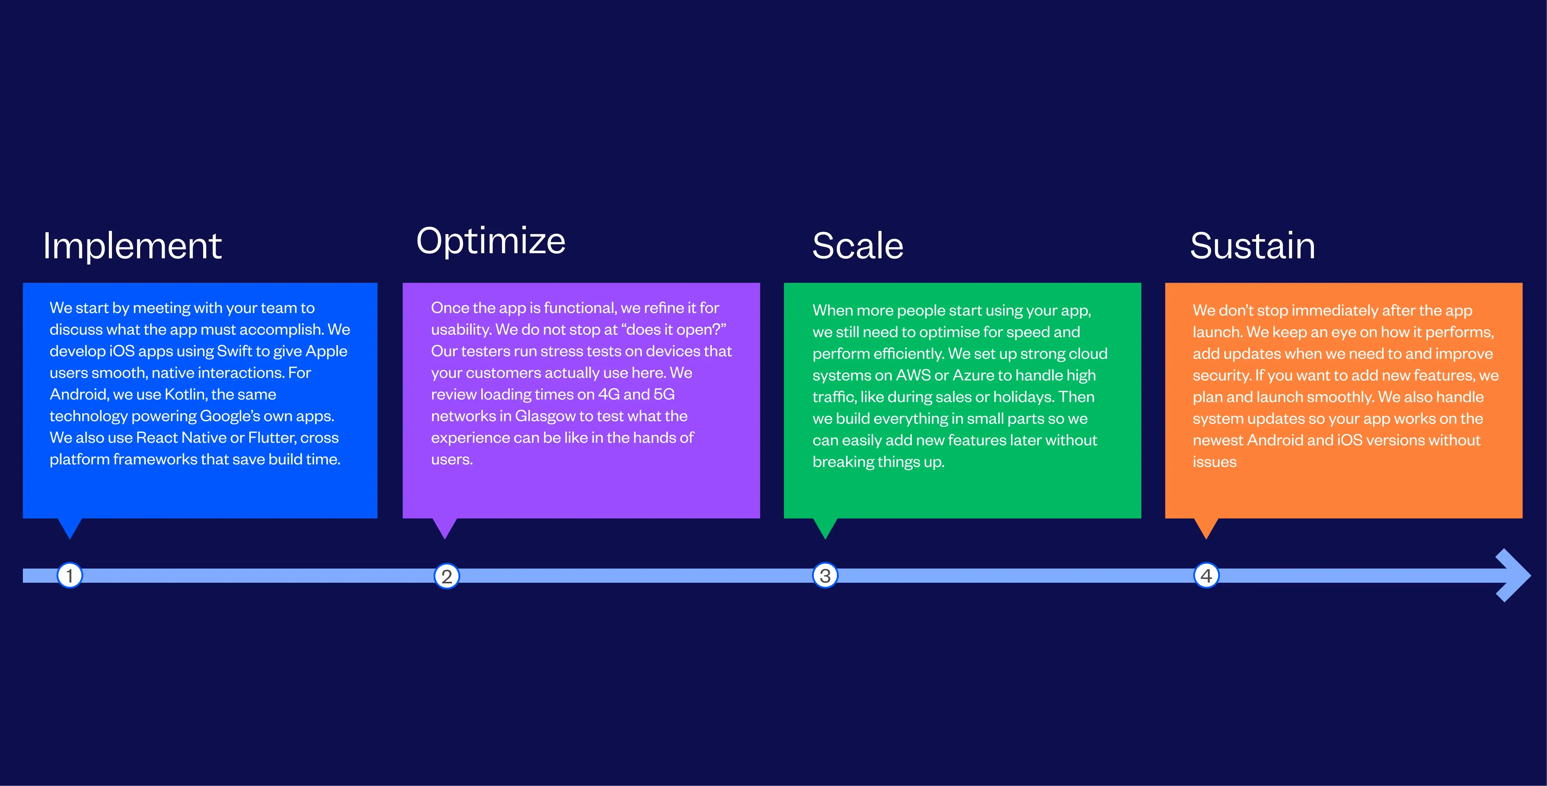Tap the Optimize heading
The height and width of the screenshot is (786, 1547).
tap(491, 241)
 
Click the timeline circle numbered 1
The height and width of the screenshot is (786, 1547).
tap(70, 576)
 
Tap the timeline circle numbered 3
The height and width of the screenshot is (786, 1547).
tap(825, 576)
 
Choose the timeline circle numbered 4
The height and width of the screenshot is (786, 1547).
tap(1206, 576)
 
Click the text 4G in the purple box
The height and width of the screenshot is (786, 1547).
tap(609, 394)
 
